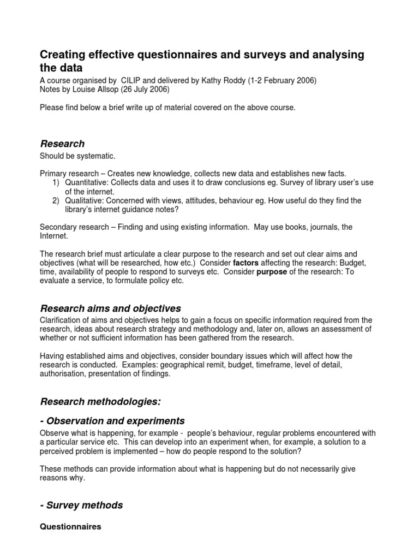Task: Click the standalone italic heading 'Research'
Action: (x=63, y=144)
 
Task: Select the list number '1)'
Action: (x=56, y=183)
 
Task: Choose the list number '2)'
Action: (x=56, y=201)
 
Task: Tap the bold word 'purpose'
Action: (x=272, y=272)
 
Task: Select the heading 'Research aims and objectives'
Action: (x=111, y=308)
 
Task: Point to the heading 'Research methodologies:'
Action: (x=100, y=402)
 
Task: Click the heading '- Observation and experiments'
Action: (x=112, y=421)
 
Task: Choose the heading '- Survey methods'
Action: (x=81, y=506)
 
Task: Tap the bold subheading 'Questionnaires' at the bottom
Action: (x=70, y=527)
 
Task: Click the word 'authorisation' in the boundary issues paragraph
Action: (x=63, y=374)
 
